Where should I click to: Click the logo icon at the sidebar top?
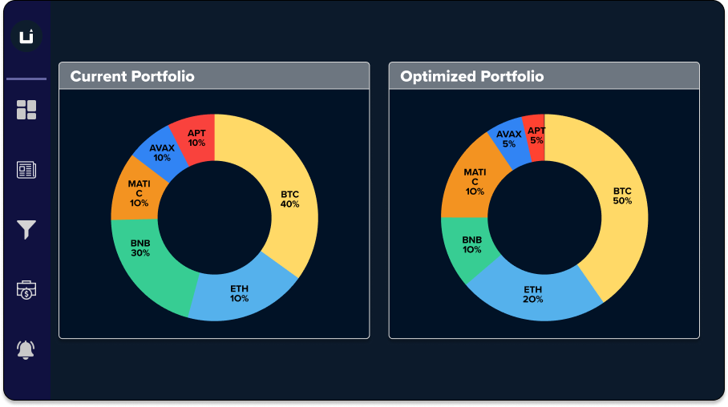[26, 36]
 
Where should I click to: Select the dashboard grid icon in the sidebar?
[26, 110]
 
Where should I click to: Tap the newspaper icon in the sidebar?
[26, 170]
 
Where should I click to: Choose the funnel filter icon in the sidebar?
[26, 230]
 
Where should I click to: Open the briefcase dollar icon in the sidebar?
[26, 290]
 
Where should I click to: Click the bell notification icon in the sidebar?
[26, 349]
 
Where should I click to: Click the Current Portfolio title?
[132, 77]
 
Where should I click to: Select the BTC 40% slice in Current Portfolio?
[289, 199]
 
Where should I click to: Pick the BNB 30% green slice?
[141, 248]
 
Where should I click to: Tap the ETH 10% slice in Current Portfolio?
[238, 293]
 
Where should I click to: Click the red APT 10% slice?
[196, 137]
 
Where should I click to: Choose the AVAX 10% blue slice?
[161, 152]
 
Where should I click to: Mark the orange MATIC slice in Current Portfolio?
[139, 192]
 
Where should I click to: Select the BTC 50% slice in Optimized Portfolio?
[622, 196]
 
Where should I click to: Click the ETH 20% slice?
[533, 294]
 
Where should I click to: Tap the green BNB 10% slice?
[471, 244]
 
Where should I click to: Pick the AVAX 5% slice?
[509, 139]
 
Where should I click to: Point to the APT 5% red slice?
[536, 135]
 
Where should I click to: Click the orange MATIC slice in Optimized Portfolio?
[474, 181]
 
